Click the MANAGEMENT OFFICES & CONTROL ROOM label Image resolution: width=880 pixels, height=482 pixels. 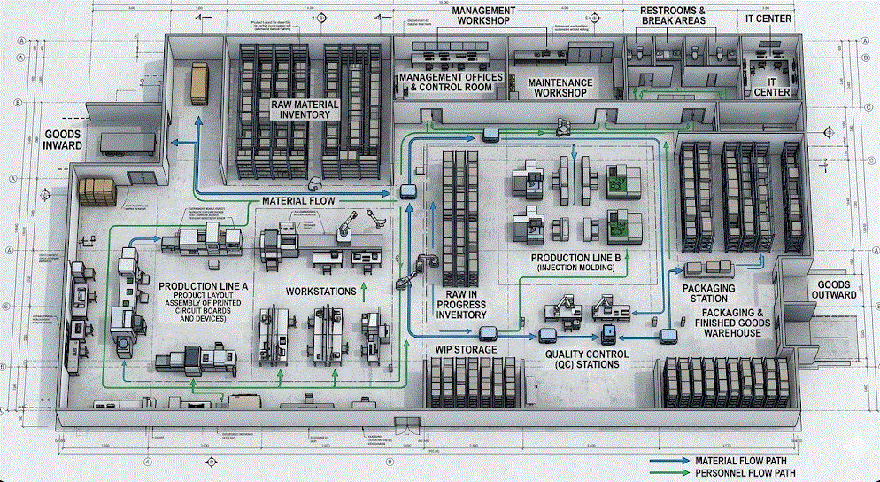click(x=451, y=82)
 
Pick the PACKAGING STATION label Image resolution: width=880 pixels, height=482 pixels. click(x=709, y=293)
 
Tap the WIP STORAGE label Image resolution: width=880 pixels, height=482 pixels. click(x=466, y=349)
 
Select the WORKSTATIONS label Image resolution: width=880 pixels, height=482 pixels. click(x=320, y=291)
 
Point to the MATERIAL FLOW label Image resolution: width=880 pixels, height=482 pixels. click(x=297, y=202)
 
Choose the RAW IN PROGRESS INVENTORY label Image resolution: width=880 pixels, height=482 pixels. click(x=462, y=304)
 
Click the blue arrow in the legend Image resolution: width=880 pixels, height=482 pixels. click(x=669, y=461)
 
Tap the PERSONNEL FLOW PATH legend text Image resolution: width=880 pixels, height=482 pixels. click(x=745, y=473)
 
